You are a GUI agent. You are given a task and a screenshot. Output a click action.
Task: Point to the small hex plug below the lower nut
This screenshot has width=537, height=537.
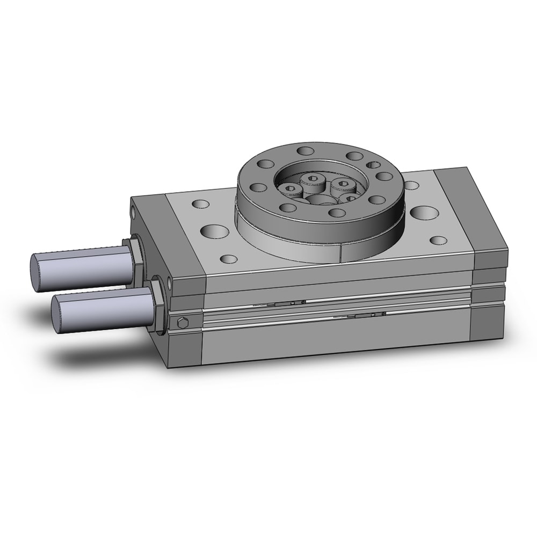coord(182,323)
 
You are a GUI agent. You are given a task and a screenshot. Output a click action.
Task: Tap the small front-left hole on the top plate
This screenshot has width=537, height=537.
coord(229,259)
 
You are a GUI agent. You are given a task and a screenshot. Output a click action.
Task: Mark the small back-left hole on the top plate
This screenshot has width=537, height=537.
coord(200,204)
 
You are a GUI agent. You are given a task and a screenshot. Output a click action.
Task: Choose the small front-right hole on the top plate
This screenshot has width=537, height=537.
coord(439,240)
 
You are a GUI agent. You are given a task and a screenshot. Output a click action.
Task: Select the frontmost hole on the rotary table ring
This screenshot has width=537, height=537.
coord(337,213)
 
